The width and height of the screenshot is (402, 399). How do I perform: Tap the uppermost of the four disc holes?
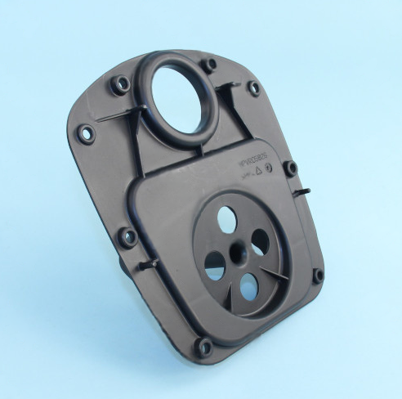point(226,219)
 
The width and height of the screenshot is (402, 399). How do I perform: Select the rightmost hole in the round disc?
point(261,241)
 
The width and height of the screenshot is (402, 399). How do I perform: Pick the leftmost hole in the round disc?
point(214,262)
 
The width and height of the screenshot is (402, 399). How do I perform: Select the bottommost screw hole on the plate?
point(203,347)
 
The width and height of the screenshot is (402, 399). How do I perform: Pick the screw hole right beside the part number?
point(290,168)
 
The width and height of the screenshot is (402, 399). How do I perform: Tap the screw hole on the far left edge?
point(85,133)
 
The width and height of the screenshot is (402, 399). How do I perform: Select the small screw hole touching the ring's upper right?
point(210,65)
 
